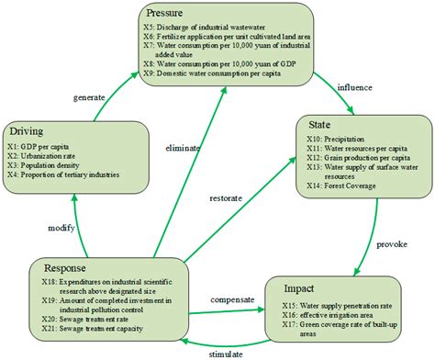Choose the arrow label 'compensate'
coord(233,298)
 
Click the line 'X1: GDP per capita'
coord(41,145)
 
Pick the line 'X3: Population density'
coord(50,165)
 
